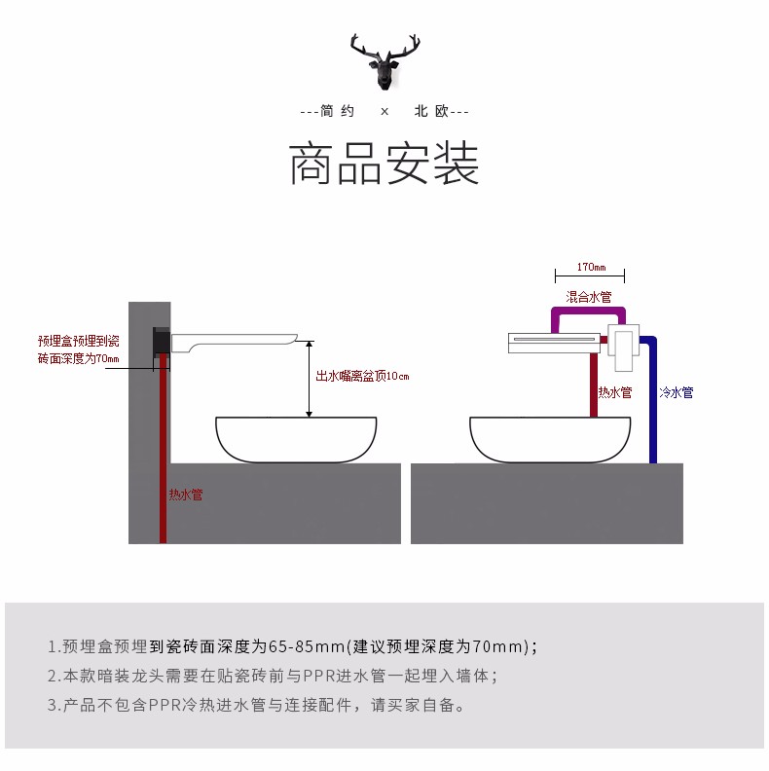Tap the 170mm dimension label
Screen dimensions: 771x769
pyautogui.click(x=590, y=267)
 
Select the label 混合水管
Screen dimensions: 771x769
pyautogui.click(x=589, y=297)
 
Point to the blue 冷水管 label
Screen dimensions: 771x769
pyautogui.click(x=676, y=392)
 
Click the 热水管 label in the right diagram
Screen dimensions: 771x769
pyautogui.click(x=614, y=392)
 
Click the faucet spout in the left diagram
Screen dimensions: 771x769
pyautogui.click(x=234, y=340)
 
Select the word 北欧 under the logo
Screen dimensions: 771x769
pyautogui.click(x=430, y=112)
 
